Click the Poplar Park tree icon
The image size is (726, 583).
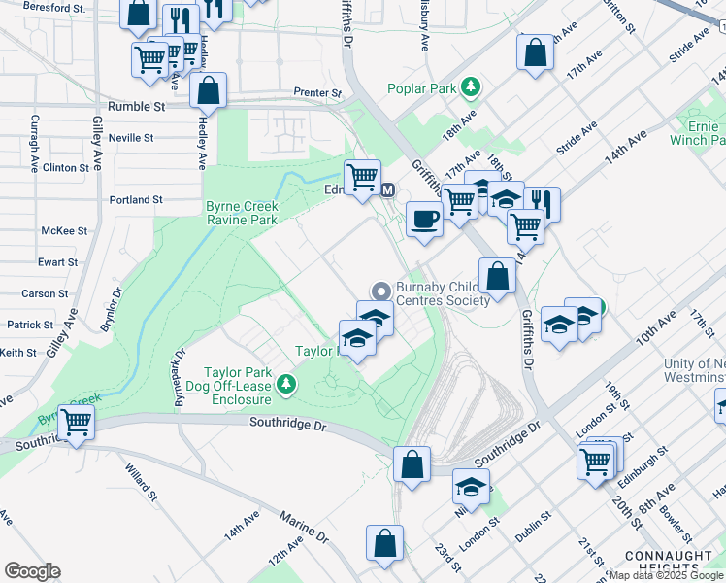point(471,88)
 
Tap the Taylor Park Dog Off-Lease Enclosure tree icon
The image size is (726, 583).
point(285,386)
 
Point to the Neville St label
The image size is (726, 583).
point(131,138)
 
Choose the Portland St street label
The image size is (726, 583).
point(136,200)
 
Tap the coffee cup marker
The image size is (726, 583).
point(423,218)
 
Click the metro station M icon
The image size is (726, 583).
point(388,189)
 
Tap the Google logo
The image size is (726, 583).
point(32,571)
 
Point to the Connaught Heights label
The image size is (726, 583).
point(686,563)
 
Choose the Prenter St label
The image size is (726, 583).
point(318,93)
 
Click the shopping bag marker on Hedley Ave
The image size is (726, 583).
point(209,91)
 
